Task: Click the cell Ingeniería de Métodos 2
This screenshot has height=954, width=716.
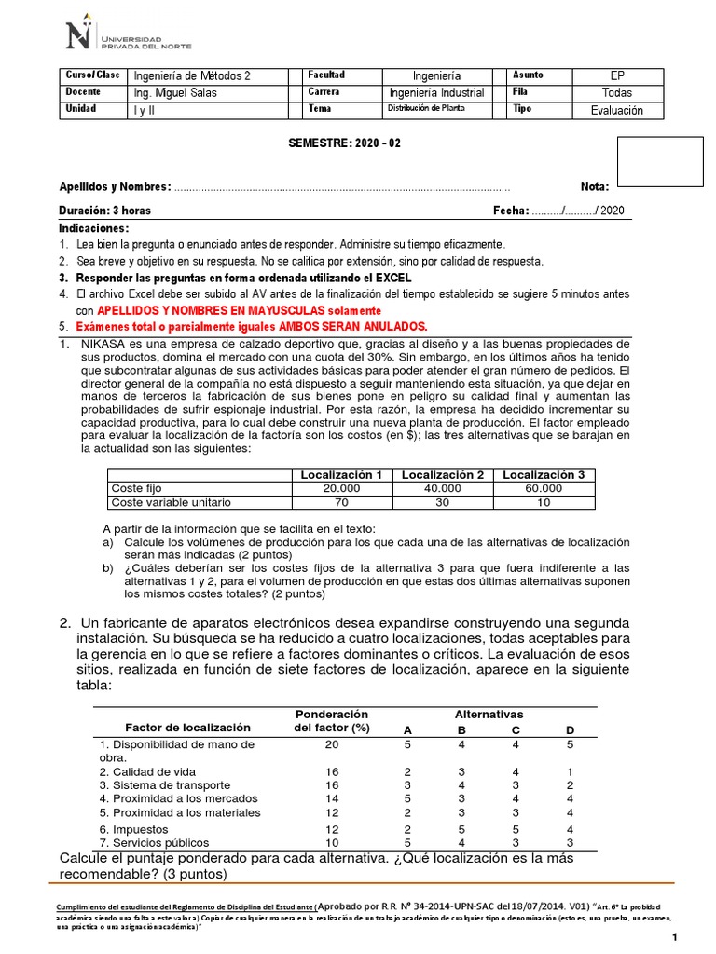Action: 192,75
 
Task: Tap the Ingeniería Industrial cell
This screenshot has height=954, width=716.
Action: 436,92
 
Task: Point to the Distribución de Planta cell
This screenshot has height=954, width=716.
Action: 425,109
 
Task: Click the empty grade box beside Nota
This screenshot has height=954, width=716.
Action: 661,161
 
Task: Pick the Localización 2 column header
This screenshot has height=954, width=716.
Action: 443,475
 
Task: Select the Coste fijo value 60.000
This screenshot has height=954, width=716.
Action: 544,488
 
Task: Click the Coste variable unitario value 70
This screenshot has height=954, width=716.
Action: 342,502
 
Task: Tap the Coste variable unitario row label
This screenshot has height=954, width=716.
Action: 171,502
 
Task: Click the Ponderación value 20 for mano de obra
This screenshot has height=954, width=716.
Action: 332,744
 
